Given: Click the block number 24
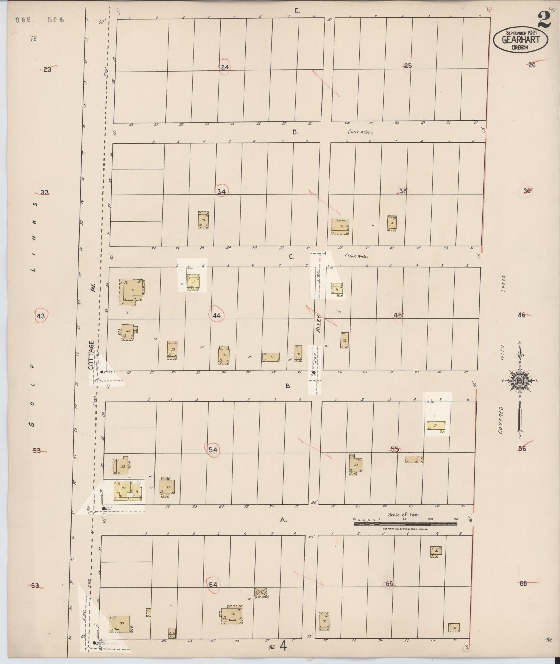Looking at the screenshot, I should click(225, 67).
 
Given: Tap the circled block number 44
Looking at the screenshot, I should click(217, 315).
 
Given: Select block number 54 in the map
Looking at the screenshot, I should click(213, 450).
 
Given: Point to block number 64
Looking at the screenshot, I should click(213, 584).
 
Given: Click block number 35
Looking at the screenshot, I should click(403, 191).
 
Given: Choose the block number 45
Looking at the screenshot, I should click(398, 315).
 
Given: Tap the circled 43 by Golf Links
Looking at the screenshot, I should click(41, 316).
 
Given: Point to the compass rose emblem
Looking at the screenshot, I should click(520, 381).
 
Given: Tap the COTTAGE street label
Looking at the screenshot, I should click(91, 355).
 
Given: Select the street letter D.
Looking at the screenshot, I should click(295, 132).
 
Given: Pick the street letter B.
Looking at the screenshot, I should click(289, 386).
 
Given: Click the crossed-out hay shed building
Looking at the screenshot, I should click(261, 591).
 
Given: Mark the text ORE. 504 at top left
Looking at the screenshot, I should click(40, 20).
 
